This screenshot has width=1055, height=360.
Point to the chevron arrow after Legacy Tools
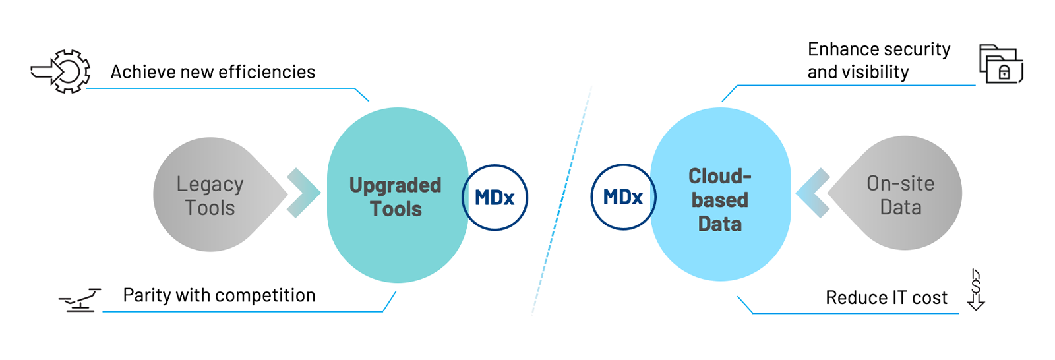pos(303,193)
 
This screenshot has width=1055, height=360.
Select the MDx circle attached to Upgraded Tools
pos(495,197)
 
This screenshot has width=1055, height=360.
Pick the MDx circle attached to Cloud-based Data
pos(622,197)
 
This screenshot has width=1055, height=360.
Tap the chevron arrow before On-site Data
pos(812,193)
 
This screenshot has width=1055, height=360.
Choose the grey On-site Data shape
pos(901,194)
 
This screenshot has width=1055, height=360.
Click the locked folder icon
pos(1000,64)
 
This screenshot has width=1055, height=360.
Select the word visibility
pos(878,72)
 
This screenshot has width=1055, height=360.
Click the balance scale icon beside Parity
pos(80,300)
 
